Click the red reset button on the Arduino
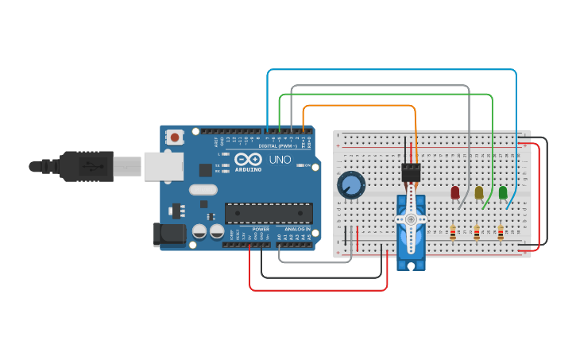tap(175, 137)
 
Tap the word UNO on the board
tap(280, 159)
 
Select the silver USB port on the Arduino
tap(163, 166)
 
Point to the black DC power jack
tap(168, 234)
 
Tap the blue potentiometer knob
tap(350, 185)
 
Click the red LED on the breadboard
tap(455, 192)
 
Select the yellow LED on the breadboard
tap(479, 192)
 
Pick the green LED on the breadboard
tap(503, 192)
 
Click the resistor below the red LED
tap(453, 233)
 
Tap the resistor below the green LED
tap(501, 233)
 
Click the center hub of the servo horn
tap(411, 219)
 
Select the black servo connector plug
tap(411, 172)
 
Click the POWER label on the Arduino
tap(261, 229)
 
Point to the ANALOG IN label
tap(294, 229)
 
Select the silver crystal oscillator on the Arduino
tap(203, 189)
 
